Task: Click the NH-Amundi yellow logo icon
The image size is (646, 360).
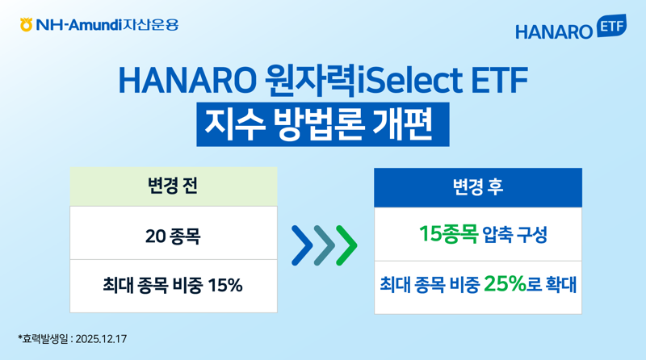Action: click(x=27, y=25)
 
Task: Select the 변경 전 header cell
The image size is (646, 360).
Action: click(x=173, y=186)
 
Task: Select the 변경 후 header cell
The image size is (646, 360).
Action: click(x=477, y=187)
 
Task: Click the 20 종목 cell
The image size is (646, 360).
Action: click(x=173, y=237)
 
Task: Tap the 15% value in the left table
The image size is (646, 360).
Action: click(x=225, y=285)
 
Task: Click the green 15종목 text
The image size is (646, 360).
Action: click(x=447, y=235)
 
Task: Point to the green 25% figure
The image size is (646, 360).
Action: click(x=505, y=284)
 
